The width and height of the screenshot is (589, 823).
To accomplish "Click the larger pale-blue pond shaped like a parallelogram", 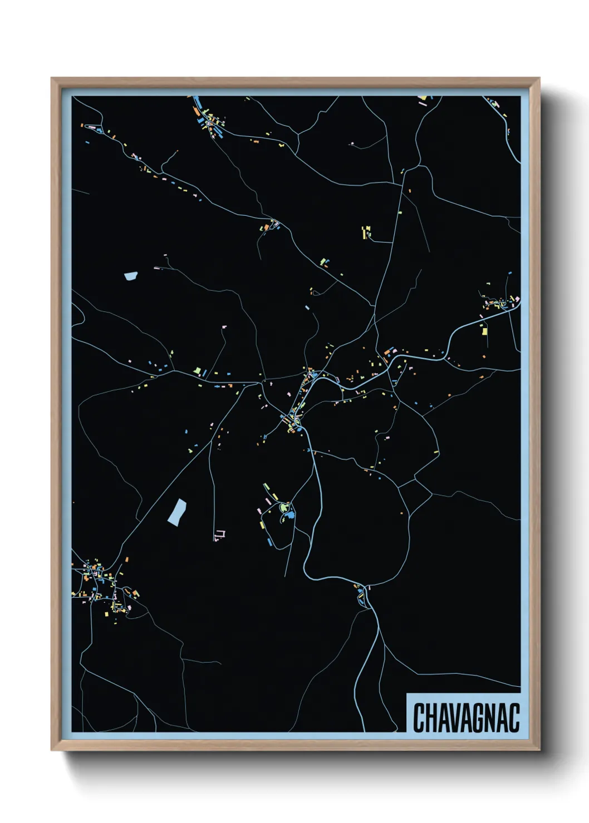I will point(177,512).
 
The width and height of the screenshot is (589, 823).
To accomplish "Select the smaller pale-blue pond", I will point(131,275).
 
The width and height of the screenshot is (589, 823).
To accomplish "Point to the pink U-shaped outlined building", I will point(220,534).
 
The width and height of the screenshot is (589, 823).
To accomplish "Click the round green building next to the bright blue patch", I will point(284,507).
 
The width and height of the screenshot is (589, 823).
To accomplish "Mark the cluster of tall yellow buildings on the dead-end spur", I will point(366,232).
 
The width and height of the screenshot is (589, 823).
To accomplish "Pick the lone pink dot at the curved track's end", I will point(352,143).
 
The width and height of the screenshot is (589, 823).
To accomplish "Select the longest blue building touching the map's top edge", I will point(197,101).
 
